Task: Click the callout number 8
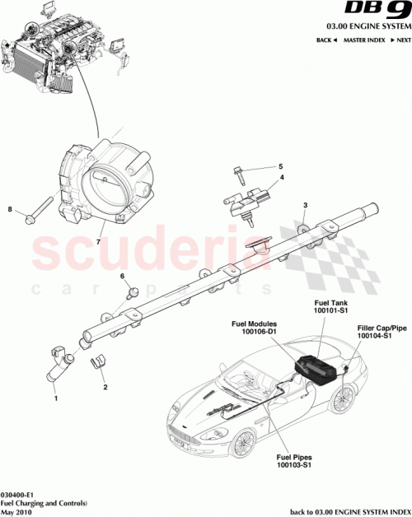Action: click(10, 210)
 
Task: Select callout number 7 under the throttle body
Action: click(98, 243)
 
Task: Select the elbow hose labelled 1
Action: click(63, 366)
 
